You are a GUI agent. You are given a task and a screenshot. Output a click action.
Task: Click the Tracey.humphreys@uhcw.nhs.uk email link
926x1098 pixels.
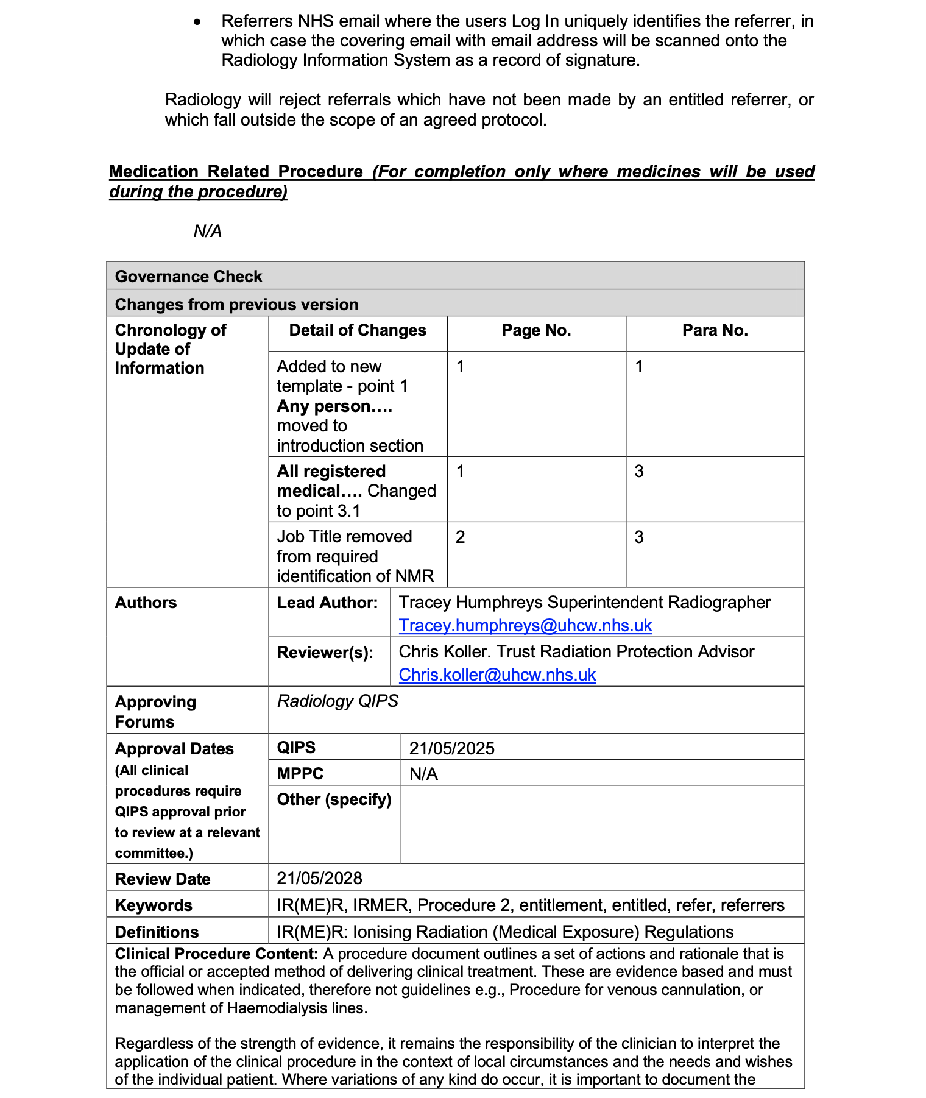pyautogui.click(x=525, y=626)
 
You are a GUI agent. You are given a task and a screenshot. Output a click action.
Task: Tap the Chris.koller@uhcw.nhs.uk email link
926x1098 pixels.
pyautogui.click(x=497, y=675)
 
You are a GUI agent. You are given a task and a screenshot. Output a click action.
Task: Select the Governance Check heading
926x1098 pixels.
pyautogui.click(x=188, y=277)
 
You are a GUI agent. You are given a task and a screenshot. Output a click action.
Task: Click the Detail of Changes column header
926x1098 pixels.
pyautogui.click(x=358, y=330)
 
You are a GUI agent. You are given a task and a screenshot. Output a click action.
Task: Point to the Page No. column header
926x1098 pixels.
pyautogui.click(x=536, y=330)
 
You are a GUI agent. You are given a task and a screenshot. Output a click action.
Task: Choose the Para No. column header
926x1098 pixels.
pyautogui.click(x=715, y=330)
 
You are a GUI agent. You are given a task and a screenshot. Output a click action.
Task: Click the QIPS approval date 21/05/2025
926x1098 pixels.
pyautogui.click(x=451, y=748)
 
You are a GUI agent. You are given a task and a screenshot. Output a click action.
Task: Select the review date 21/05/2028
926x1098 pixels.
pyautogui.click(x=319, y=878)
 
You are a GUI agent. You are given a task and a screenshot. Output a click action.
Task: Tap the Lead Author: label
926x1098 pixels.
pyautogui.click(x=327, y=603)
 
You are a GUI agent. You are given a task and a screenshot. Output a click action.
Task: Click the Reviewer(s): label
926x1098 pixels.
pyautogui.click(x=325, y=653)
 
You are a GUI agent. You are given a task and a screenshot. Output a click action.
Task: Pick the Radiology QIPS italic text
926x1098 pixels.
pyautogui.click(x=338, y=701)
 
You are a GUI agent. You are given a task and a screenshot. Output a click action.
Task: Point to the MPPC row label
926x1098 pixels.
pyautogui.click(x=300, y=774)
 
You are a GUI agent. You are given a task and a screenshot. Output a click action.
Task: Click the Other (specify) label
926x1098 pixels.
pyautogui.click(x=334, y=799)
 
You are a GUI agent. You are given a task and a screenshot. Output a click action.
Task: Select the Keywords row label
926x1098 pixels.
pyautogui.click(x=154, y=905)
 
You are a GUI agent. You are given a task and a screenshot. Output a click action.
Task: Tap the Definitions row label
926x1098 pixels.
pyautogui.click(x=157, y=932)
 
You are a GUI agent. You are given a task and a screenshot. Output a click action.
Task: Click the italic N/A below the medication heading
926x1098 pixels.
pyautogui.click(x=208, y=232)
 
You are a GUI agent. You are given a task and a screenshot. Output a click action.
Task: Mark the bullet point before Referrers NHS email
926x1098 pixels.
pyautogui.click(x=196, y=22)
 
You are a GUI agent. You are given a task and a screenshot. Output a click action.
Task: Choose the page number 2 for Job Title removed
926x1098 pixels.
pyautogui.click(x=461, y=537)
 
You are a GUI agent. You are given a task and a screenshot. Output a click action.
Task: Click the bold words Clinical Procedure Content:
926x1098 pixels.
pyautogui.click(x=216, y=954)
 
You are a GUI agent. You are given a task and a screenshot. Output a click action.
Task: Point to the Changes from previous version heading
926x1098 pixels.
pyautogui.click(x=236, y=305)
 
